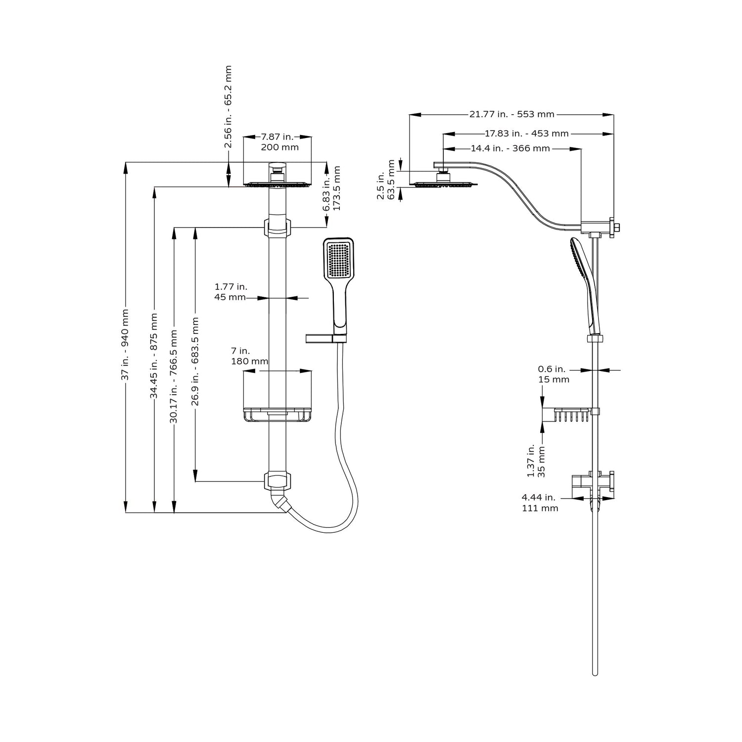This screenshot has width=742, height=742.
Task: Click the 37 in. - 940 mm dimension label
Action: tap(125, 345)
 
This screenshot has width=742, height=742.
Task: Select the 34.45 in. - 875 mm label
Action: tap(154, 355)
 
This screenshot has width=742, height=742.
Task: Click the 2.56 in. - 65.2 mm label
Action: tap(228, 107)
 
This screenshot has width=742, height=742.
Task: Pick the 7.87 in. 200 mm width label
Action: tap(278, 141)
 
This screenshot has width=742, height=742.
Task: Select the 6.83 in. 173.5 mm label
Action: tap(332, 188)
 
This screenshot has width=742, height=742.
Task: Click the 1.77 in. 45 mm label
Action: tap(231, 292)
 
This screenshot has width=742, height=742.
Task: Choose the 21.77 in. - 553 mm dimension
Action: tap(512, 114)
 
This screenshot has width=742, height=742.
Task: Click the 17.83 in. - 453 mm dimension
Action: tap(526, 133)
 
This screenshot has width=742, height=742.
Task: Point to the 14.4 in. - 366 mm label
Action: tap(510, 148)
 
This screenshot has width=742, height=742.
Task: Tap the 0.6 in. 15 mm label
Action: tap(554, 374)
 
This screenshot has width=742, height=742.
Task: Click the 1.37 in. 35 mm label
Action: tap(536, 460)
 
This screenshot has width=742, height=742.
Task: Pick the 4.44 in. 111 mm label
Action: tap(540, 503)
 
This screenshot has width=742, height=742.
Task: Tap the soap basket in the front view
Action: tap(277, 415)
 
